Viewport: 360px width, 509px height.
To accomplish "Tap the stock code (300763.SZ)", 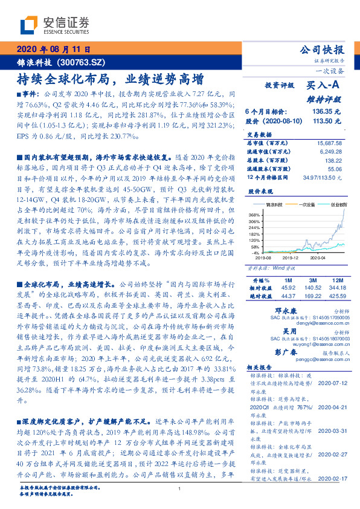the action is [86, 62].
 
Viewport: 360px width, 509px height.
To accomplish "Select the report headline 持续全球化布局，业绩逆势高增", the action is [109, 78].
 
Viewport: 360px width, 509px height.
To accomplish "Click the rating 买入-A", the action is [329, 86].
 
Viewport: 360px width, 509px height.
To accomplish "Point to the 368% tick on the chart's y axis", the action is [256, 215].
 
